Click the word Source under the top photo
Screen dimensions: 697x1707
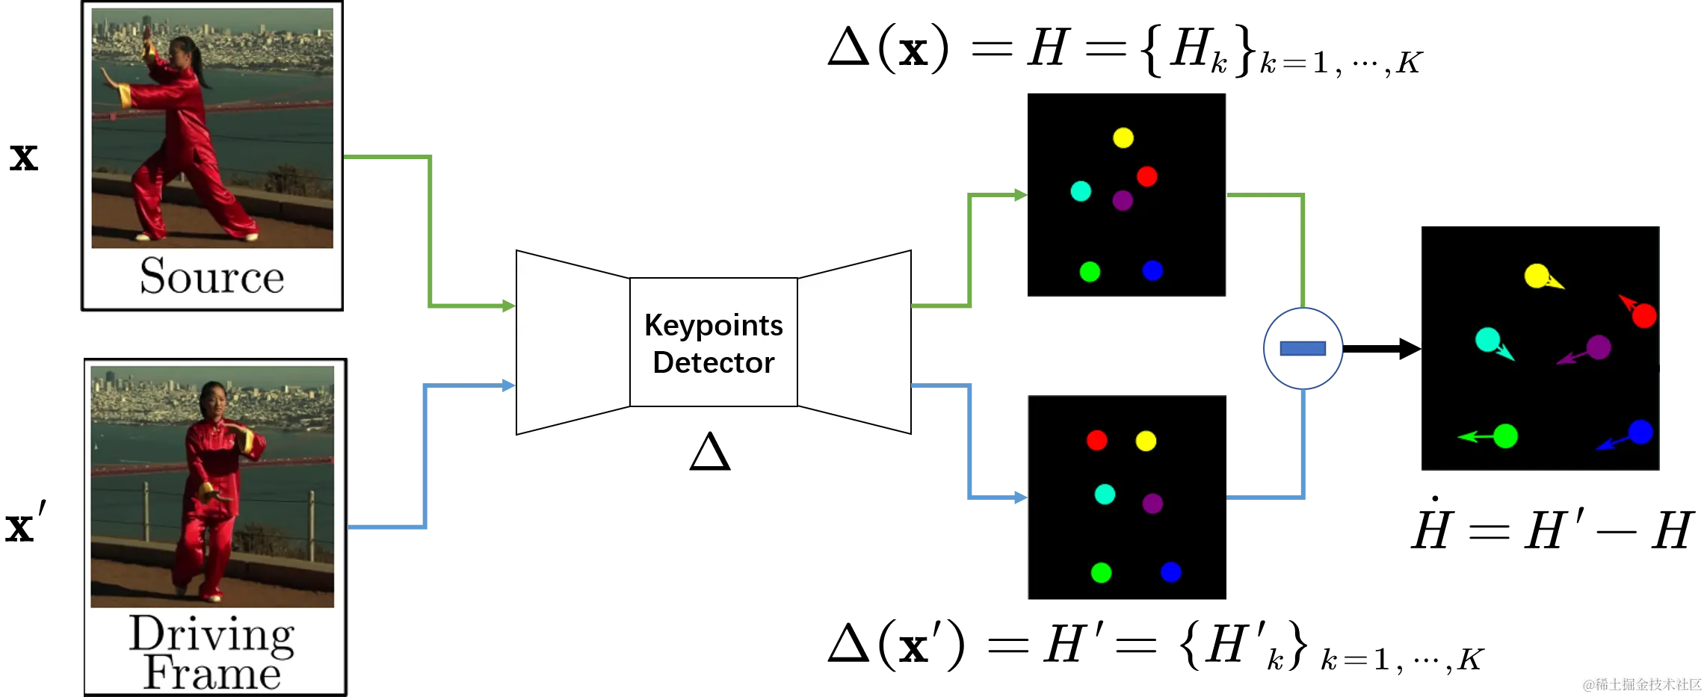pyautogui.click(x=212, y=276)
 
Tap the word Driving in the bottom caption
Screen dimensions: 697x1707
pyautogui.click(x=212, y=635)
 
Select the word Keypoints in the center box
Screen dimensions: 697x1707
pyautogui.click(x=713, y=326)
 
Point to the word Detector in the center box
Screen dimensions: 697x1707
pyautogui.click(x=713, y=363)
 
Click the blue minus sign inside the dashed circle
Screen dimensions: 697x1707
pyautogui.click(x=1303, y=349)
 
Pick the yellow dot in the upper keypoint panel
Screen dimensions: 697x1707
pyautogui.click(x=1123, y=138)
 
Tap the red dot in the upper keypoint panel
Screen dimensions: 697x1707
pyautogui.click(x=1146, y=177)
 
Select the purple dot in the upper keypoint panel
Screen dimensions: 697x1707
pyautogui.click(x=1122, y=200)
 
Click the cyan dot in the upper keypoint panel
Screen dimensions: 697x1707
pyautogui.click(x=1081, y=191)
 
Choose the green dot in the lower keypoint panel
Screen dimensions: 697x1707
pyautogui.click(x=1101, y=573)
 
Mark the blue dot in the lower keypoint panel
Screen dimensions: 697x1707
pyautogui.click(x=1170, y=572)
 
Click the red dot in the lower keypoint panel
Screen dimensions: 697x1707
pyautogui.click(x=1096, y=441)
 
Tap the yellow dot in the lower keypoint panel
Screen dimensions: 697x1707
pyautogui.click(x=1145, y=441)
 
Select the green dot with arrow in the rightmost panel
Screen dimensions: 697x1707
pyautogui.click(x=1504, y=436)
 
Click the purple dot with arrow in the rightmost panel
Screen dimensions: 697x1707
pyautogui.click(x=1598, y=347)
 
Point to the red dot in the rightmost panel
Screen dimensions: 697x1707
pyautogui.click(x=1643, y=316)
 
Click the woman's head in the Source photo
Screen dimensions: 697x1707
pyautogui.click(x=182, y=50)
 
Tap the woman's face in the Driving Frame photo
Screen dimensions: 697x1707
pyautogui.click(x=212, y=399)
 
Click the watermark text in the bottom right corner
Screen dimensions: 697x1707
pyautogui.click(x=1640, y=684)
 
